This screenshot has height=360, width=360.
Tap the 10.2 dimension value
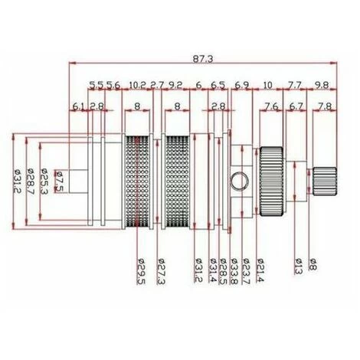138,83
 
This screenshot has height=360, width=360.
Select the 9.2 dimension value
175,83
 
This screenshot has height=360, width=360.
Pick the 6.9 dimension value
242,83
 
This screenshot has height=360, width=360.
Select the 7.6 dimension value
270,106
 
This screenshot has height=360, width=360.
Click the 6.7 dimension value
297,106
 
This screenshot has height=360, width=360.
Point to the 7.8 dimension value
324,106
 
